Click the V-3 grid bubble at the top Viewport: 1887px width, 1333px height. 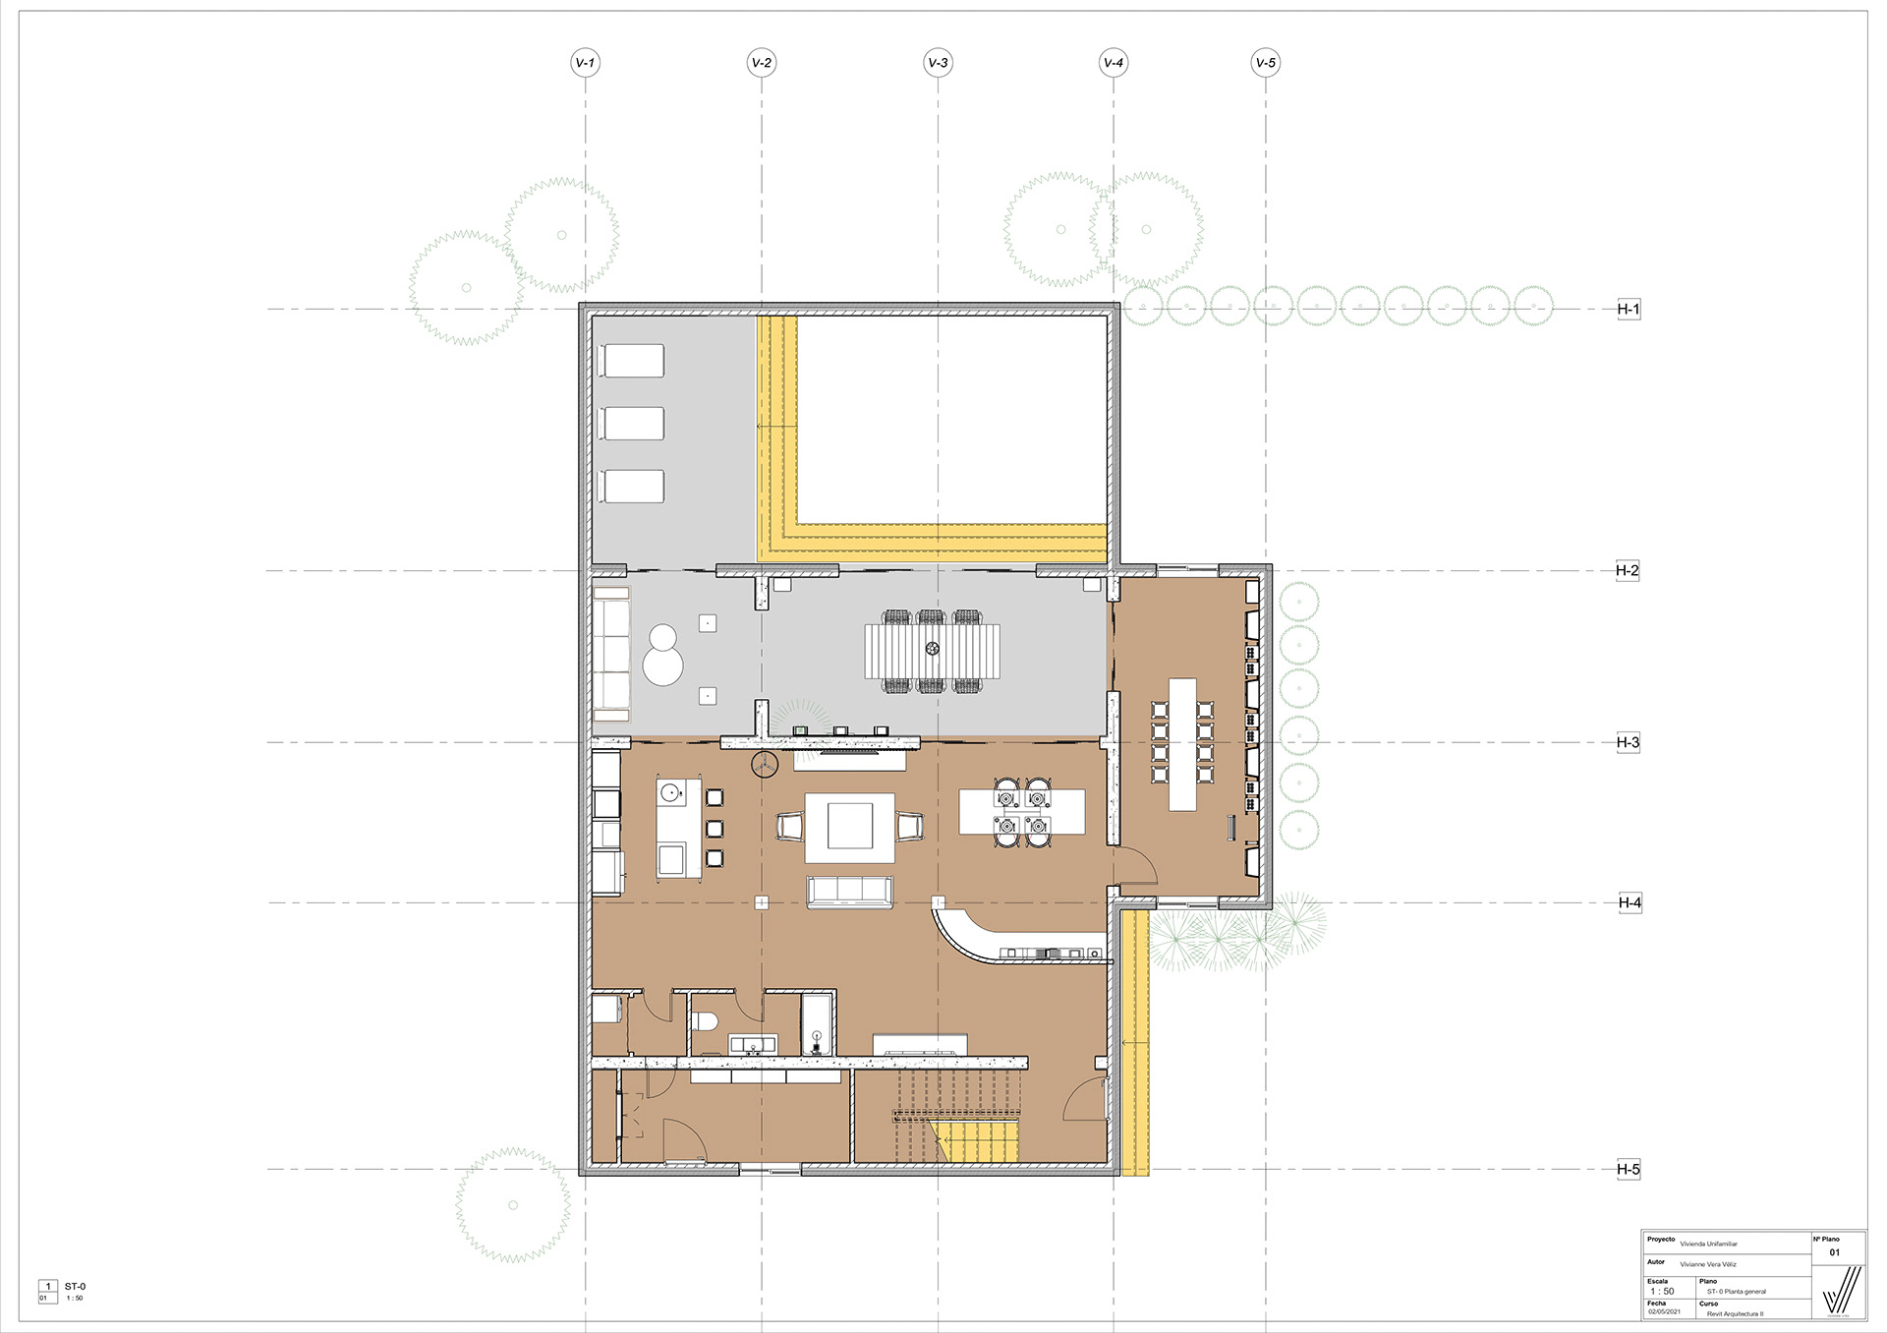[938, 63]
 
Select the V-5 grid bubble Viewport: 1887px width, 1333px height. [1265, 63]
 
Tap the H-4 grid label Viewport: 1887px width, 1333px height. [1630, 902]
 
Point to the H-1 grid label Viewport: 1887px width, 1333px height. [1629, 309]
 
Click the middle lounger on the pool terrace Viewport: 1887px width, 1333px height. [634, 424]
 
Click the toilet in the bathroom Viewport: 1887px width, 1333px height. [703, 1020]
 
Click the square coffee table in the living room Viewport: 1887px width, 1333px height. [850, 826]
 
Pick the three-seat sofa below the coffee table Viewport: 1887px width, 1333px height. [850, 891]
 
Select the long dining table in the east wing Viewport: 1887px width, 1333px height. [1182, 743]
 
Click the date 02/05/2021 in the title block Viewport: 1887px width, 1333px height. [1665, 1312]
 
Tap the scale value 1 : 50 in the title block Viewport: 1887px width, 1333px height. [1662, 1292]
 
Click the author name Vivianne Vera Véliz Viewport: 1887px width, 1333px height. [1708, 1264]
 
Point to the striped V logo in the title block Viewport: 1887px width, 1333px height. [1840, 1290]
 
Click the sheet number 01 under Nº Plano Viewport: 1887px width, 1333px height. [1834, 1252]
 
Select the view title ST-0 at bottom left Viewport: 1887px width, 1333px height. [76, 1286]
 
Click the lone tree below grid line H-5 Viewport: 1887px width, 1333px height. [513, 1204]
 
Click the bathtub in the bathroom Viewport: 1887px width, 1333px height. [817, 1024]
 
